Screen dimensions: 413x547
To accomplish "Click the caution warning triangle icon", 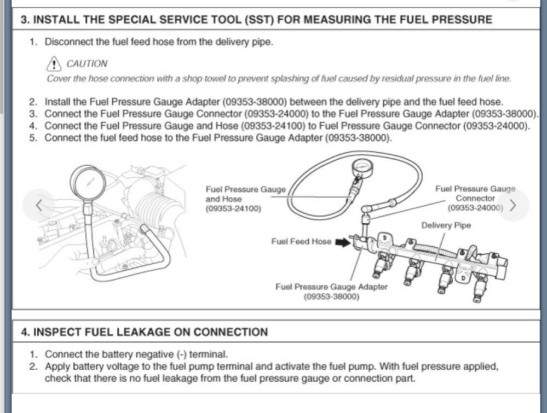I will [54, 64].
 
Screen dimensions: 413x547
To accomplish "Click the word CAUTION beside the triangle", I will [87, 64].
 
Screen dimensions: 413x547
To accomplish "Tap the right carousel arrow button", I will [513, 205].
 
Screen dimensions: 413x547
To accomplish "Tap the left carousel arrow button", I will [38, 205].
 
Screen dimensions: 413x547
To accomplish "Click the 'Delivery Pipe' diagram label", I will [446, 225].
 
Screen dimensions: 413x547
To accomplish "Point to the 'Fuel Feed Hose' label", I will [301, 241].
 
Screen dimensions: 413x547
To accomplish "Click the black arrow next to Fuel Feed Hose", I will [343, 242].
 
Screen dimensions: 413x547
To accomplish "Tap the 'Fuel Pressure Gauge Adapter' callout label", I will [331, 287].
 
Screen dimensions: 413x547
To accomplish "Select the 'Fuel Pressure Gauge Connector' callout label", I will [475, 194].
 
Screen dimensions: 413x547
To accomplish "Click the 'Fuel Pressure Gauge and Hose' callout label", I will [245, 194].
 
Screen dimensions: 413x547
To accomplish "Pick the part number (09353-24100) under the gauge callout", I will [233, 209].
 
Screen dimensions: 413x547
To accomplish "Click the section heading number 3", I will [25, 20].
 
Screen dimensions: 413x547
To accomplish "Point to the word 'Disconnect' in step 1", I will [70, 42].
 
